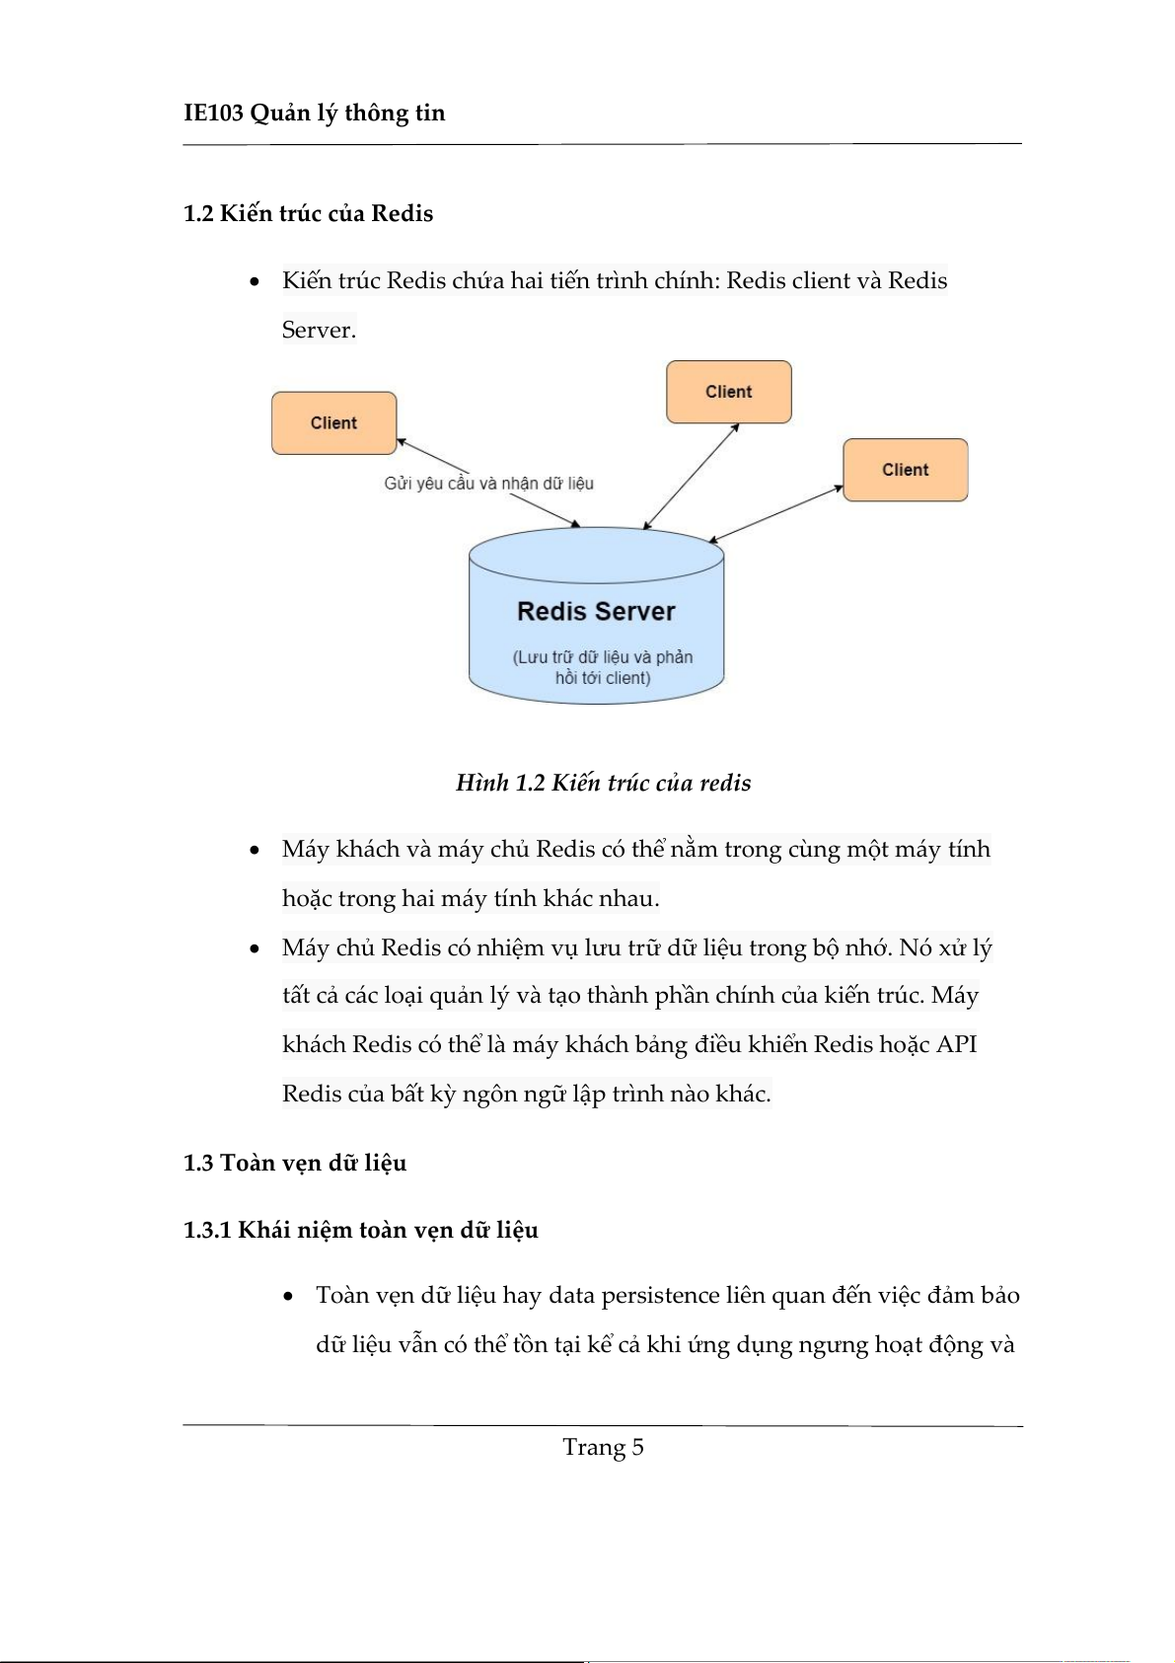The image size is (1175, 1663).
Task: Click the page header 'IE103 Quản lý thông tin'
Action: click(314, 113)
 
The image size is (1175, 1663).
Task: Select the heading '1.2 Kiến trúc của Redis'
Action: click(308, 213)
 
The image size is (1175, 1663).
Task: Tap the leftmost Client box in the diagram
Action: click(333, 423)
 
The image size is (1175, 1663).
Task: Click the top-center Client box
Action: click(728, 392)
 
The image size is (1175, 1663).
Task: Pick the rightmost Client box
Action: click(905, 470)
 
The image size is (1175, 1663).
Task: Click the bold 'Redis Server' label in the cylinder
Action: click(596, 612)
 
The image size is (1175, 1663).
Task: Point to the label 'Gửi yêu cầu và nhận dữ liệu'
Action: click(488, 484)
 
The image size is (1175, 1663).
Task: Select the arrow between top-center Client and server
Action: click(691, 477)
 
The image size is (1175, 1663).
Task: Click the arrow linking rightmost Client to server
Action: click(776, 513)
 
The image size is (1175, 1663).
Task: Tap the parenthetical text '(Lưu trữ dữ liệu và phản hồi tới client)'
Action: click(602, 667)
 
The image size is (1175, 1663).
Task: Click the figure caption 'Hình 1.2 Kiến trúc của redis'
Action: click(603, 783)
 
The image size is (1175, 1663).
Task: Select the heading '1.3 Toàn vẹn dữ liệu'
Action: click(294, 1163)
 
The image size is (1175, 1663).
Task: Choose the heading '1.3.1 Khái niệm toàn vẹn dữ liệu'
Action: click(360, 1230)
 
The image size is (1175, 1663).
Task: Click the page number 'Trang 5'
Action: click(603, 1447)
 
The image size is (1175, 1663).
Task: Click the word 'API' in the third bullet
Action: click(956, 1044)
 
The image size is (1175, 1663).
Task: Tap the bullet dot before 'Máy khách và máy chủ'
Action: click(255, 850)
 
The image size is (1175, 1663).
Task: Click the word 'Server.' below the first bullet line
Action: click(319, 330)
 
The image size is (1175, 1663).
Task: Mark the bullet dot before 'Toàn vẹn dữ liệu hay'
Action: click(288, 1296)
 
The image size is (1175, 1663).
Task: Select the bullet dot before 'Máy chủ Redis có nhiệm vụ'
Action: click(255, 948)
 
